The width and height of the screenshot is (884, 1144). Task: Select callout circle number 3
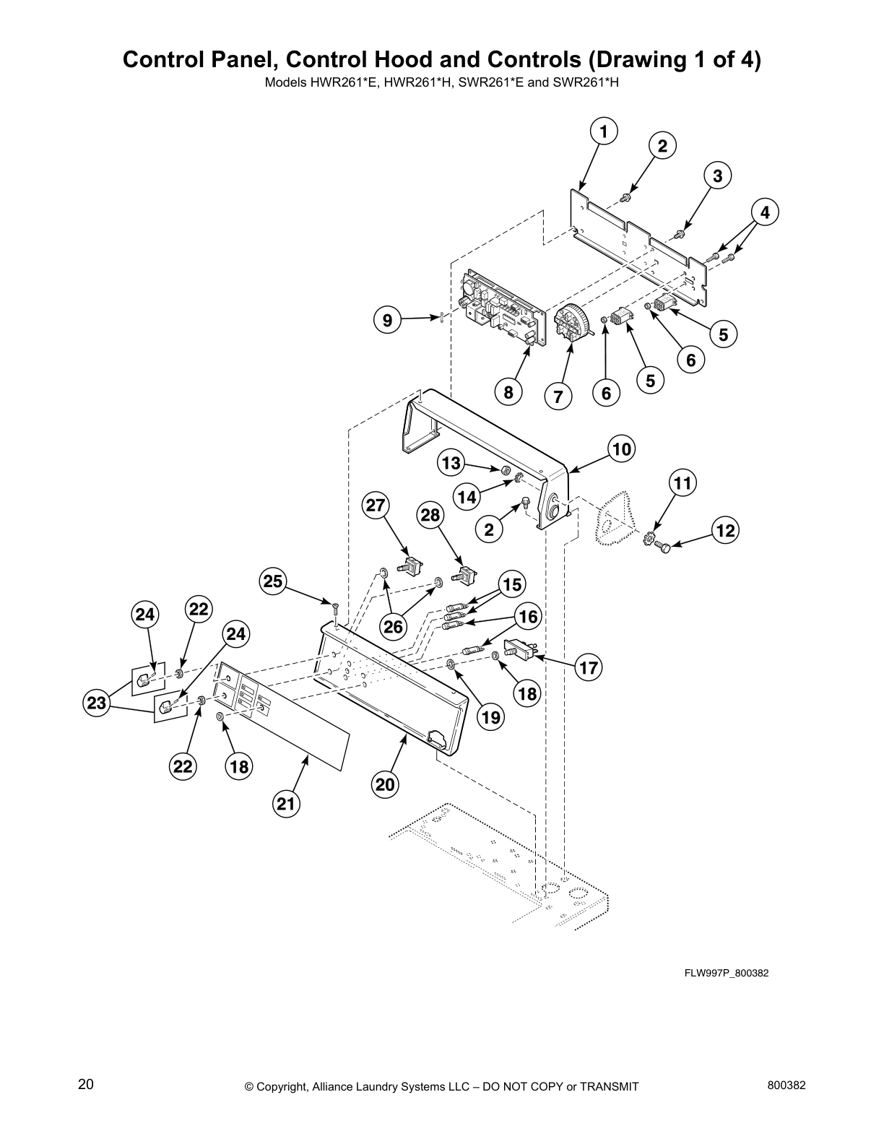tap(717, 175)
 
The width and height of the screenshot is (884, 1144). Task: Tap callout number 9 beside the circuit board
tap(388, 320)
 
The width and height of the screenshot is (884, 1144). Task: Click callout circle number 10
tap(620, 449)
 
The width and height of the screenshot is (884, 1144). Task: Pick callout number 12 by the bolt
tap(724, 531)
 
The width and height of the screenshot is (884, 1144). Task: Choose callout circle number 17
tap(589, 667)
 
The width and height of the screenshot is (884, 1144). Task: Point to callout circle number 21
tap(287, 803)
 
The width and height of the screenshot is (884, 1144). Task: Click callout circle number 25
tap(274, 581)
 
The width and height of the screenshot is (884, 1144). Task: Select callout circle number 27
tap(376, 505)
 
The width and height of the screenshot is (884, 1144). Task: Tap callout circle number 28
tap(430, 515)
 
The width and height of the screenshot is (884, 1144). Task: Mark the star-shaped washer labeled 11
tap(649, 537)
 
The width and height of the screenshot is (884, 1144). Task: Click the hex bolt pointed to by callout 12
tap(664, 549)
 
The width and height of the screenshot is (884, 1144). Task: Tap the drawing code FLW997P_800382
tap(726, 973)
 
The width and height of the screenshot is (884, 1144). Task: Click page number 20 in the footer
tap(85, 1085)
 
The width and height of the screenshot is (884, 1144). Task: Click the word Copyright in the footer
tap(285, 1086)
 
